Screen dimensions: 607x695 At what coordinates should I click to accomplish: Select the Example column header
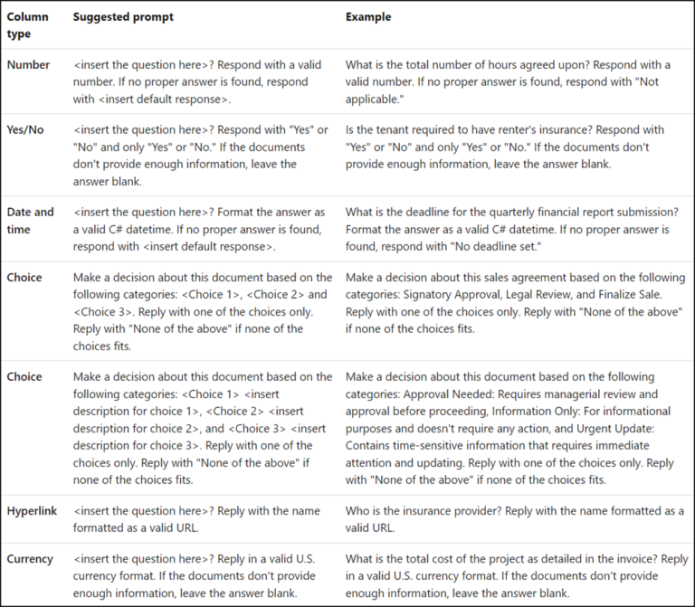click(x=367, y=17)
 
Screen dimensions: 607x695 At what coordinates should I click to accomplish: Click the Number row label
click(x=29, y=65)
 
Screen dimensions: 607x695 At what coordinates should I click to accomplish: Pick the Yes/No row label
click(x=25, y=130)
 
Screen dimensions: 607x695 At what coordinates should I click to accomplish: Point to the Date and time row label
click(x=31, y=221)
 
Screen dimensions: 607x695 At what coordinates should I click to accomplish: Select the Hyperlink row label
click(x=32, y=511)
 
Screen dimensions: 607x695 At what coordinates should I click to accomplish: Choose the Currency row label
click(x=30, y=559)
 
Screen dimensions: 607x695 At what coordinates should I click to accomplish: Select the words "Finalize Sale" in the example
click(x=633, y=294)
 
